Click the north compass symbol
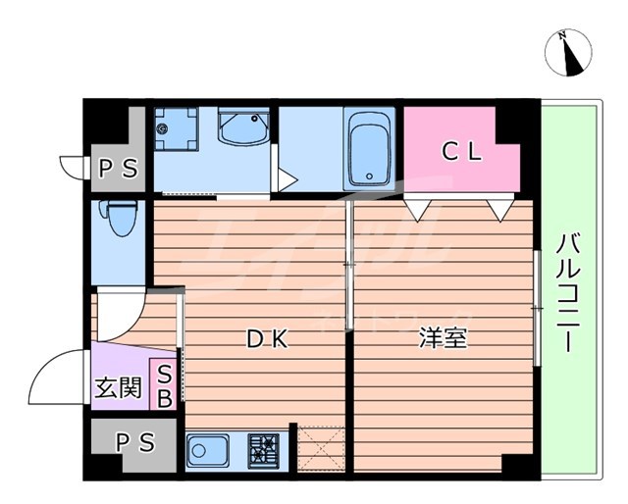point(566,52)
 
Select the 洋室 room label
point(443,338)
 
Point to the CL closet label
point(460,152)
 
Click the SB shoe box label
point(165,385)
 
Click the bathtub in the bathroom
point(369,149)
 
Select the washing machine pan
point(176,128)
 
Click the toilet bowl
point(122,219)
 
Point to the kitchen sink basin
point(209,452)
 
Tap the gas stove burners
point(263,451)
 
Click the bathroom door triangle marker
point(287,179)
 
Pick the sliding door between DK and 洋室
point(349,265)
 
